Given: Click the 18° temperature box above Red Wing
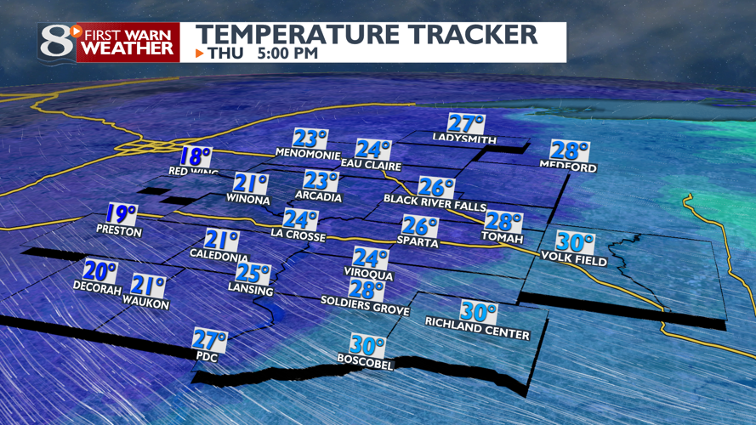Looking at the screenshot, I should click(195, 156).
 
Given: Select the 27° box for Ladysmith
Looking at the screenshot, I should click(466, 122).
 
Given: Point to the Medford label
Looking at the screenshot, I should click(568, 167).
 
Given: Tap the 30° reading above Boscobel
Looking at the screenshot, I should click(368, 347).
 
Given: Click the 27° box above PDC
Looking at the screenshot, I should click(209, 341).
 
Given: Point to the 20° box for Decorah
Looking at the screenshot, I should click(99, 273).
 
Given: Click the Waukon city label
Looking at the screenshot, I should click(146, 303).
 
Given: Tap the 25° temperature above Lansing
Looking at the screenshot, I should click(253, 275).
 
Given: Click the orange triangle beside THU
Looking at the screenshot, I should click(200, 54).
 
